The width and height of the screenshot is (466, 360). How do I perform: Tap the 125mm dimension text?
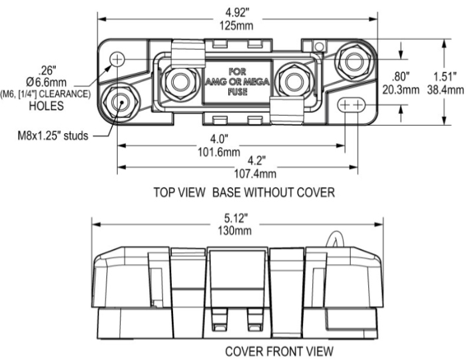(x=238, y=26)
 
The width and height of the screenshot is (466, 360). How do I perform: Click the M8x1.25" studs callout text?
(x=54, y=136)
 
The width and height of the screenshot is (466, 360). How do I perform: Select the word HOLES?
(x=47, y=105)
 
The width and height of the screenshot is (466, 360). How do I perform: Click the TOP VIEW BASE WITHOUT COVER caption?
(x=244, y=192)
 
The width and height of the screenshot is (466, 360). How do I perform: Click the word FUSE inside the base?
(x=236, y=92)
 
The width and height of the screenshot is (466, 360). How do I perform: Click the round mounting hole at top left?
(x=118, y=59)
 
